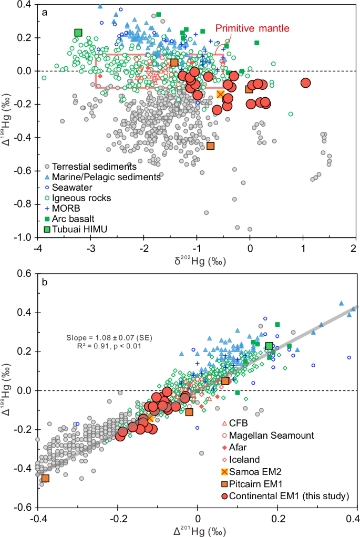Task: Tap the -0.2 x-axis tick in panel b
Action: click(117, 518)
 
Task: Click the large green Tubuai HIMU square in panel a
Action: click(78, 33)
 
